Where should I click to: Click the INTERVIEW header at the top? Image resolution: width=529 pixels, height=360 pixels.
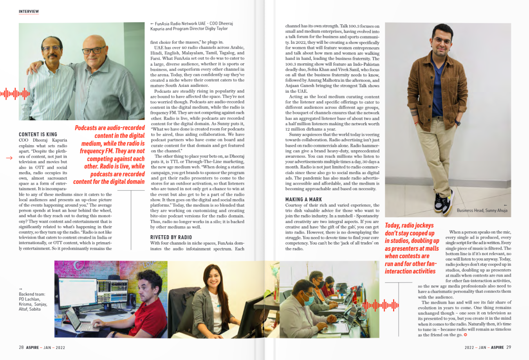coord(29,12)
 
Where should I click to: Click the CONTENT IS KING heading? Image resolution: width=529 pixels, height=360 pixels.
coord(38,134)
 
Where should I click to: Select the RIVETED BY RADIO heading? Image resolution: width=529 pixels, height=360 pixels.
coord(171,237)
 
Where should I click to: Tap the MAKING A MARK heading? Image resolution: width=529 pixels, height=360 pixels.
coord(303,199)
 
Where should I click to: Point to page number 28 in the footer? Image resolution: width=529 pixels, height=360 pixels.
coord(21,347)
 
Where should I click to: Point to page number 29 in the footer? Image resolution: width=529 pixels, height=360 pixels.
coord(509,347)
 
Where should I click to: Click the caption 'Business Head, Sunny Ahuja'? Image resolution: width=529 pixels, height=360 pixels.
coord(482,211)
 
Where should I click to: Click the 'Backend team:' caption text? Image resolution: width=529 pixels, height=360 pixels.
coord(32,294)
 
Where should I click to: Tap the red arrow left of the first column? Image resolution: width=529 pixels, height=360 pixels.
coord(9,158)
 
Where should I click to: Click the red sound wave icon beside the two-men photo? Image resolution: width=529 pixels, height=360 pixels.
coord(15,94)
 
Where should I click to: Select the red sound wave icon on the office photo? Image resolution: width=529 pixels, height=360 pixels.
coord(380,305)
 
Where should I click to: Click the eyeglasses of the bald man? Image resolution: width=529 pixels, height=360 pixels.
coord(93,50)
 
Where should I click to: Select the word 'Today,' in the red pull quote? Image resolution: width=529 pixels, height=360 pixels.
coord(392,225)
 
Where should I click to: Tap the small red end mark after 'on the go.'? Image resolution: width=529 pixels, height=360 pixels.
coord(466,335)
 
